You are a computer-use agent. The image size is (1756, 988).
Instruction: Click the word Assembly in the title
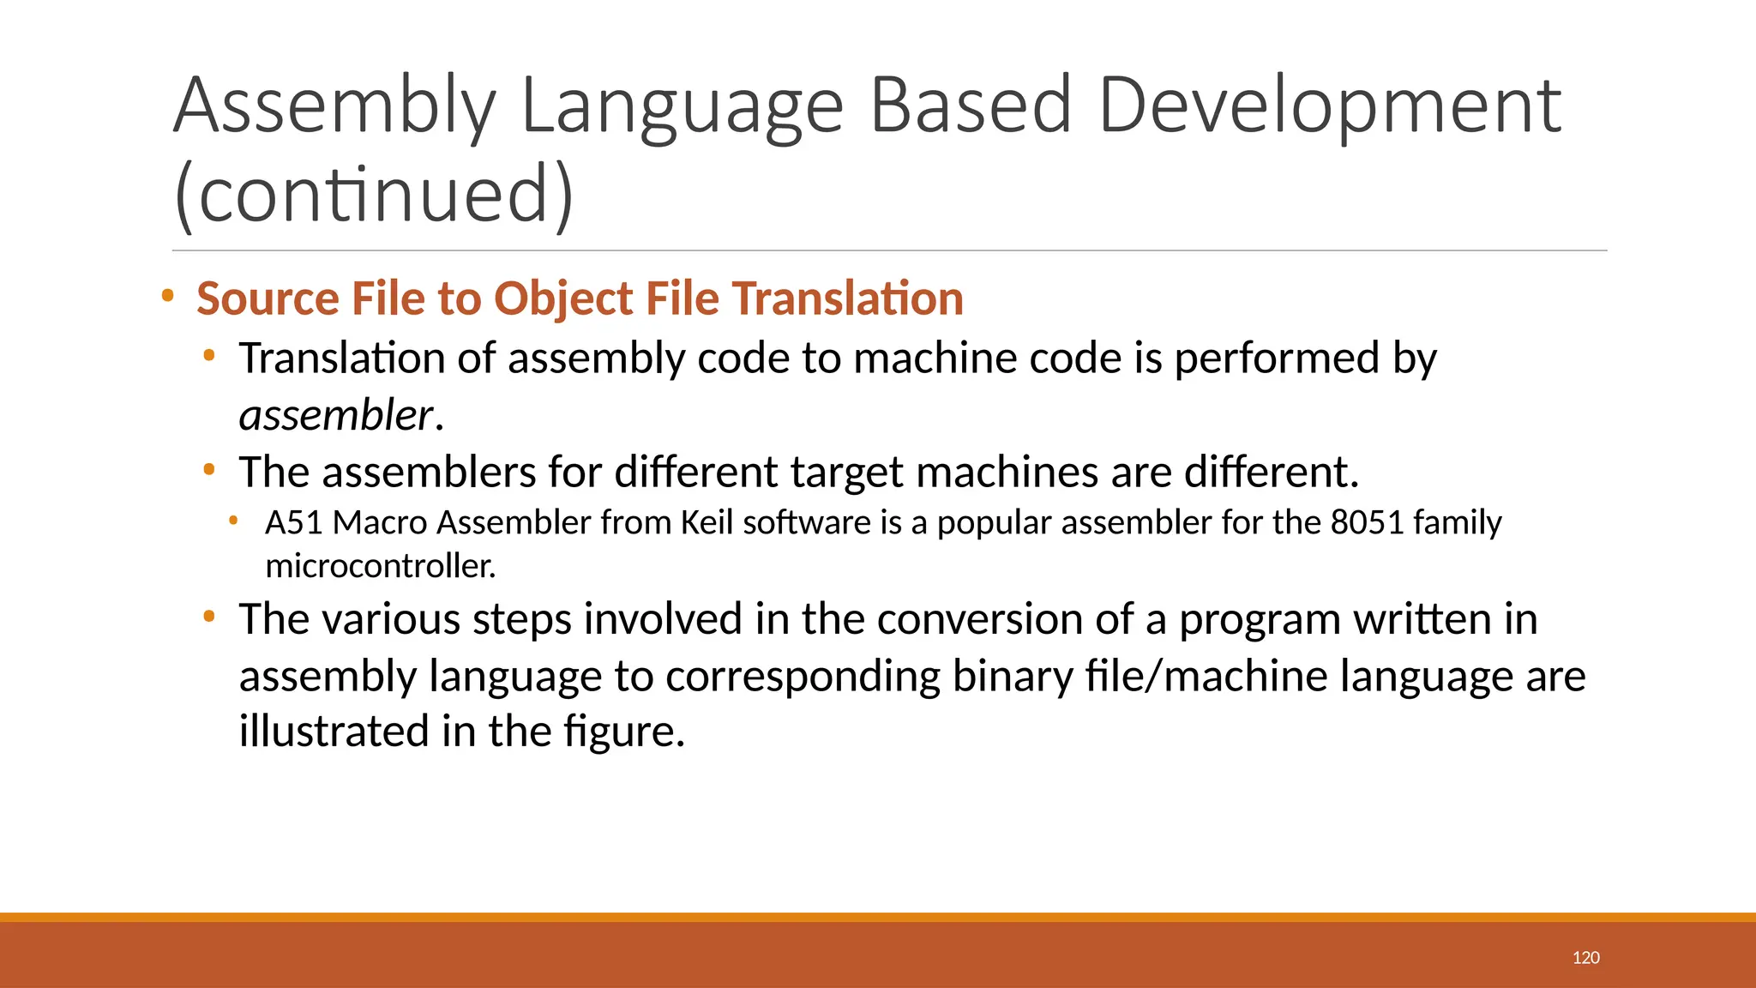click(334, 106)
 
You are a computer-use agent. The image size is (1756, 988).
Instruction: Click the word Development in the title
click(1330, 106)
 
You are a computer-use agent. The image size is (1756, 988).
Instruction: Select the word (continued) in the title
click(373, 195)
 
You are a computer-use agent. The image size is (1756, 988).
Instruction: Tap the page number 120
click(1585, 958)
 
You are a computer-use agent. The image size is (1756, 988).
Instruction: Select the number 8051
click(1367, 522)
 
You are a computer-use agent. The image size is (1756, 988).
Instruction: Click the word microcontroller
click(380, 566)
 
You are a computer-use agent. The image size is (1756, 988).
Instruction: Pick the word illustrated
click(334, 732)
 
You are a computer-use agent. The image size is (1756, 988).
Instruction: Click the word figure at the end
click(623, 732)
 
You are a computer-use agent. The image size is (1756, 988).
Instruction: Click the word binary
click(1012, 676)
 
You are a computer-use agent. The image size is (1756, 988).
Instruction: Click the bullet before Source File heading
click(168, 297)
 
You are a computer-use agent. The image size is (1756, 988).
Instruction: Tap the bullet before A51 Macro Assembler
click(233, 520)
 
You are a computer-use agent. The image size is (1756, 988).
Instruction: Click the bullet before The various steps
click(209, 617)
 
